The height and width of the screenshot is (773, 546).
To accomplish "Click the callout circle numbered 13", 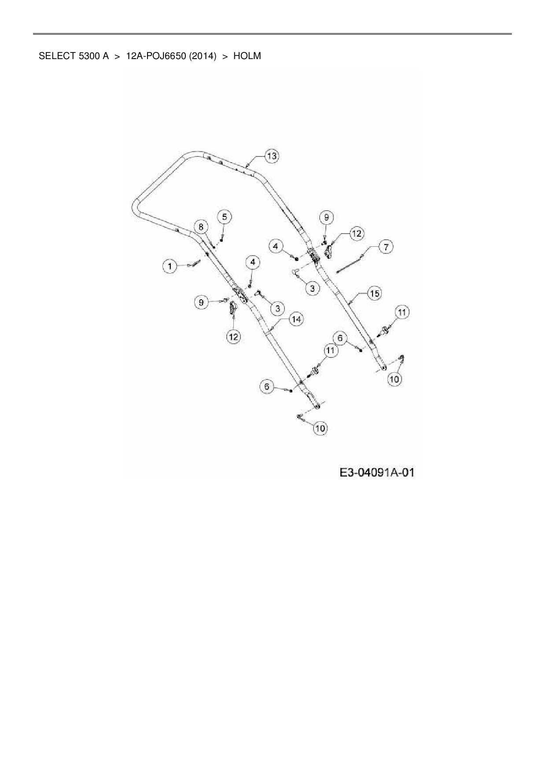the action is [x=272, y=156].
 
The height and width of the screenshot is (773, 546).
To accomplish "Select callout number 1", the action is [x=170, y=266].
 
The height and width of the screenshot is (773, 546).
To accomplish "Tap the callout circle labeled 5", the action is [x=225, y=217].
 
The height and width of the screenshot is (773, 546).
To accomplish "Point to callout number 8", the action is [x=201, y=227].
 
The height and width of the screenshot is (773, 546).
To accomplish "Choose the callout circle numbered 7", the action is [x=386, y=247].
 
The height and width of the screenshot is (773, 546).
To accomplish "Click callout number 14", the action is [x=296, y=319].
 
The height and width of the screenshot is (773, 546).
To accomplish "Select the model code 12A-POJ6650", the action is [x=156, y=56].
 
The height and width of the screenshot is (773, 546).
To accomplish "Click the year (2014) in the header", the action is [x=203, y=56].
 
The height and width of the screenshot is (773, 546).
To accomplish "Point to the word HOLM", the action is [x=247, y=56].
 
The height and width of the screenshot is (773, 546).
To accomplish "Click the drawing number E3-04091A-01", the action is [x=377, y=473].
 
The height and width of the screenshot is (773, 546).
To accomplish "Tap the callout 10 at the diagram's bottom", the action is [x=320, y=428].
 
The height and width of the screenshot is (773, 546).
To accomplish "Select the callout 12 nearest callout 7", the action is [x=356, y=233].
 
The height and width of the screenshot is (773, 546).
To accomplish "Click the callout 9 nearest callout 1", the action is [x=201, y=302].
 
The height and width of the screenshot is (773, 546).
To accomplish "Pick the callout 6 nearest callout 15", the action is [x=340, y=338].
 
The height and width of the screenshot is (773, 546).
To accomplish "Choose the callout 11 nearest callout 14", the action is [x=330, y=350].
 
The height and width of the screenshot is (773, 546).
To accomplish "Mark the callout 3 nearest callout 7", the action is [x=312, y=288].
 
